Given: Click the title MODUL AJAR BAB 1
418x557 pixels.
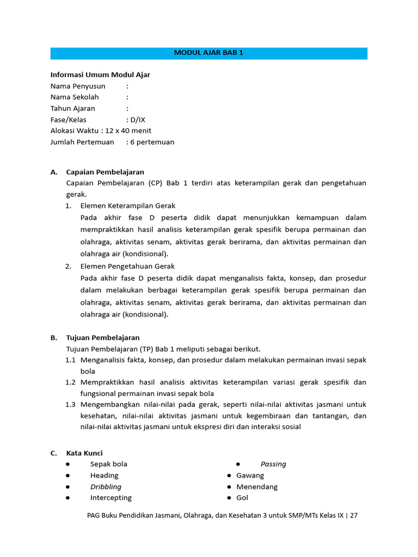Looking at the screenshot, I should [x=208, y=53].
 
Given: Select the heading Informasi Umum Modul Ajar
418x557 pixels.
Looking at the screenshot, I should [x=100, y=75].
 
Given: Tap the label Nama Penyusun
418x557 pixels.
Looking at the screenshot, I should [x=78, y=86].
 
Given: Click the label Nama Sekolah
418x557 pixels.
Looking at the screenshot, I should [x=75, y=97].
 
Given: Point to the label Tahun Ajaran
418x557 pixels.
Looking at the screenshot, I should [x=73, y=108].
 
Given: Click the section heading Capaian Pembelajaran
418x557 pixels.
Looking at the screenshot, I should [x=105, y=172].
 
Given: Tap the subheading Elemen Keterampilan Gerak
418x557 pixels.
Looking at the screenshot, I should [x=127, y=206].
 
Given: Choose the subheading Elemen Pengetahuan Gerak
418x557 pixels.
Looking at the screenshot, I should [x=127, y=266].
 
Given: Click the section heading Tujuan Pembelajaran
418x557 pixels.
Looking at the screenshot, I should [x=103, y=337].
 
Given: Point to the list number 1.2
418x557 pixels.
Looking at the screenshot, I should [x=70, y=382].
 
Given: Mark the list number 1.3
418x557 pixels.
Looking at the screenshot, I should [x=70, y=404].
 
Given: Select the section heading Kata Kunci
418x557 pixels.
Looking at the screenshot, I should [x=84, y=453].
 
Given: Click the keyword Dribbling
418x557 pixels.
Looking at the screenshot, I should [x=106, y=487].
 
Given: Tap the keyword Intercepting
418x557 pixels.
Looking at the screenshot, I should [x=111, y=498].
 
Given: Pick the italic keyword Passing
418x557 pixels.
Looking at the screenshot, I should [x=273, y=464].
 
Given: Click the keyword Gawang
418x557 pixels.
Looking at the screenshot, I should [x=250, y=475].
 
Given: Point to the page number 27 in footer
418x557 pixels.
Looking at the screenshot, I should [x=353, y=515].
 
